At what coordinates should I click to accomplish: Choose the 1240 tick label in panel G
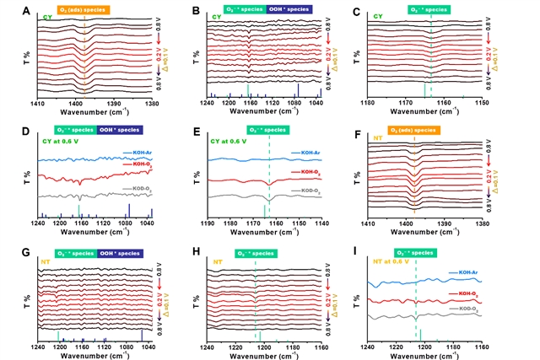[38, 347]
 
